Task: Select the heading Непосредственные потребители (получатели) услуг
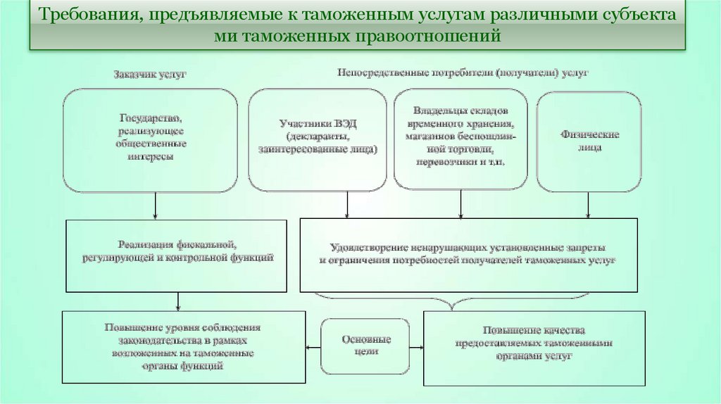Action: point(463,72)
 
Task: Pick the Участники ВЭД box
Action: point(318,139)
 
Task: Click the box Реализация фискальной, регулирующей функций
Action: point(176,255)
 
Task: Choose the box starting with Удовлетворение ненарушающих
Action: point(468,254)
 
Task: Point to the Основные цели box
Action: point(365,345)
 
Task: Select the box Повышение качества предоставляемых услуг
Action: point(534,348)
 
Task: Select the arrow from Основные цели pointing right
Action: point(417,346)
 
